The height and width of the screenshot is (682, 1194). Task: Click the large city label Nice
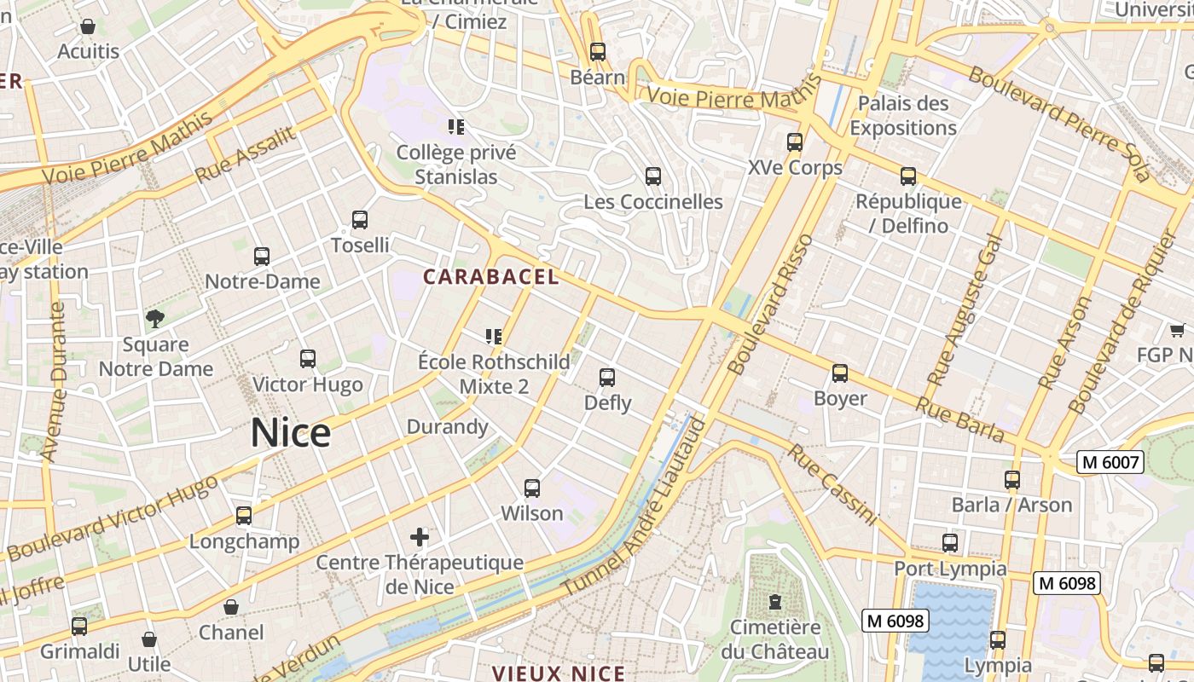pyautogui.click(x=290, y=433)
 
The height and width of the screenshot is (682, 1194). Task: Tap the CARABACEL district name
pyautogui.click(x=491, y=277)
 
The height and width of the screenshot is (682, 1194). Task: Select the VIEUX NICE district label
pyautogui.click(x=559, y=673)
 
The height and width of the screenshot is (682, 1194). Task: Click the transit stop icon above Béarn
pyautogui.click(x=598, y=51)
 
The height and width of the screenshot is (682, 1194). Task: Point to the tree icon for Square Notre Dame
pyautogui.click(x=154, y=319)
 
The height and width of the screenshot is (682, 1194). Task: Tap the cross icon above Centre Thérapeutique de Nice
pyautogui.click(x=419, y=537)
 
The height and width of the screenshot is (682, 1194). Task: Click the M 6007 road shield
pyautogui.click(x=1109, y=462)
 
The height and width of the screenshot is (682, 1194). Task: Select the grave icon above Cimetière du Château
pyautogui.click(x=774, y=602)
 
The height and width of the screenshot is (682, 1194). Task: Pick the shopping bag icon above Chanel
pyautogui.click(x=230, y=607)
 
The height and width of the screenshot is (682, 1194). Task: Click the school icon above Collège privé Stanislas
pyautogui.click(x=456, y=127)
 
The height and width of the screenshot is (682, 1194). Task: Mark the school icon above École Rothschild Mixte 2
pyautogui.click(x=494, y=337)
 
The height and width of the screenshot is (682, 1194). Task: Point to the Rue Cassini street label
pyautogui.click(x=832, y=484)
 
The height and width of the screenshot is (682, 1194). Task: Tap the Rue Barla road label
pyautogui.click(x=959, y=419)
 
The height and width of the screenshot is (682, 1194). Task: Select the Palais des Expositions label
pyautogui.click(x=902, y=116)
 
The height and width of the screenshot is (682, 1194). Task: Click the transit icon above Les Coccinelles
pyautogui.click(x=653, y=176)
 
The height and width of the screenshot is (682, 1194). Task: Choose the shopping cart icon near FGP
pyautogui.click(x=1177, y=330)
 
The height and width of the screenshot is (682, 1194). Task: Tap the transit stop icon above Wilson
pyautogui.click(x=532, y=488)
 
